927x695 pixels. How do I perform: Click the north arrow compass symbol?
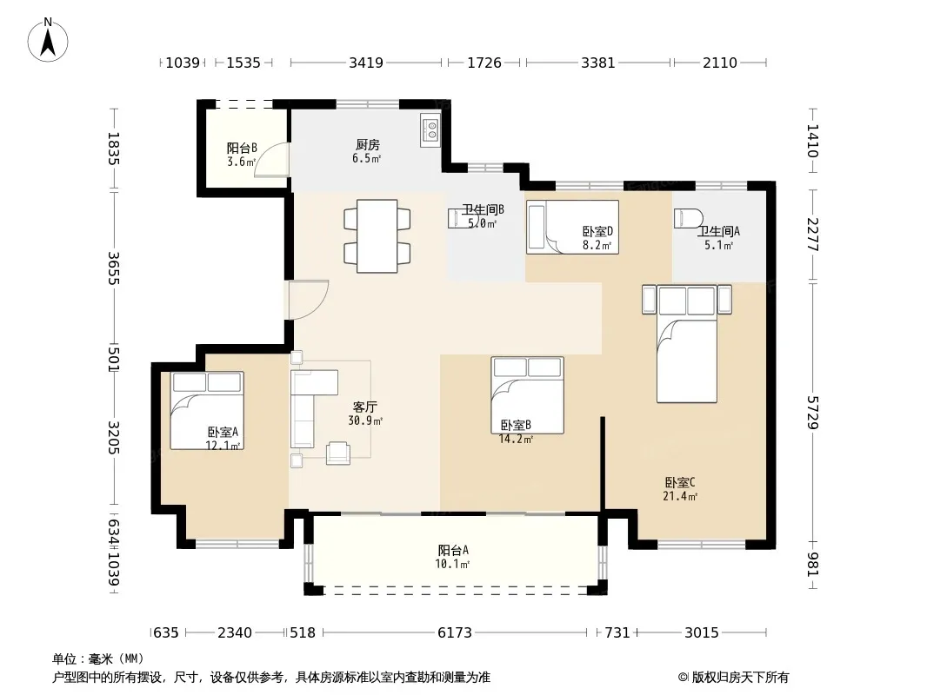click(x=48, y=40)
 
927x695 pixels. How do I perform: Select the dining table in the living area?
click(x=377, y=236)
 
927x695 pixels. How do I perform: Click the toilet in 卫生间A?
click(x=688, y=218)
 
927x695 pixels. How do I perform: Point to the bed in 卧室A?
click(x=207, y=410)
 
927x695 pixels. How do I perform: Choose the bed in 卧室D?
click(x=572, y=228)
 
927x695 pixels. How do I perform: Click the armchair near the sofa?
click(x=338, y=453)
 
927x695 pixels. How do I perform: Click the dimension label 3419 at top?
click(x=366, y=63)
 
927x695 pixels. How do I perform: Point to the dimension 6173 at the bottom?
click(x=455, y=633)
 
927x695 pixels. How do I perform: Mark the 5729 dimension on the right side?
click(x=813, y=413)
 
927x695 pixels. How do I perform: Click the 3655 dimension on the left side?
click(x=114, y=268)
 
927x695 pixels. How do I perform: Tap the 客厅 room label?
click(x=364, y=407)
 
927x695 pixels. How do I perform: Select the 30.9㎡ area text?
click(x=365, y=421)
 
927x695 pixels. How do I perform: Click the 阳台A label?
click(x=453, y=550)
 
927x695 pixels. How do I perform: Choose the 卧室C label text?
click(x=680, y=482)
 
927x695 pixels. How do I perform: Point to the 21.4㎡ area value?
click(x=680, y=497)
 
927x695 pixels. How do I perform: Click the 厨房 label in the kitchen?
click(x=367, y=145)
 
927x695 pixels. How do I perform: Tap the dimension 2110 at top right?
click(x=720, y=63)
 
